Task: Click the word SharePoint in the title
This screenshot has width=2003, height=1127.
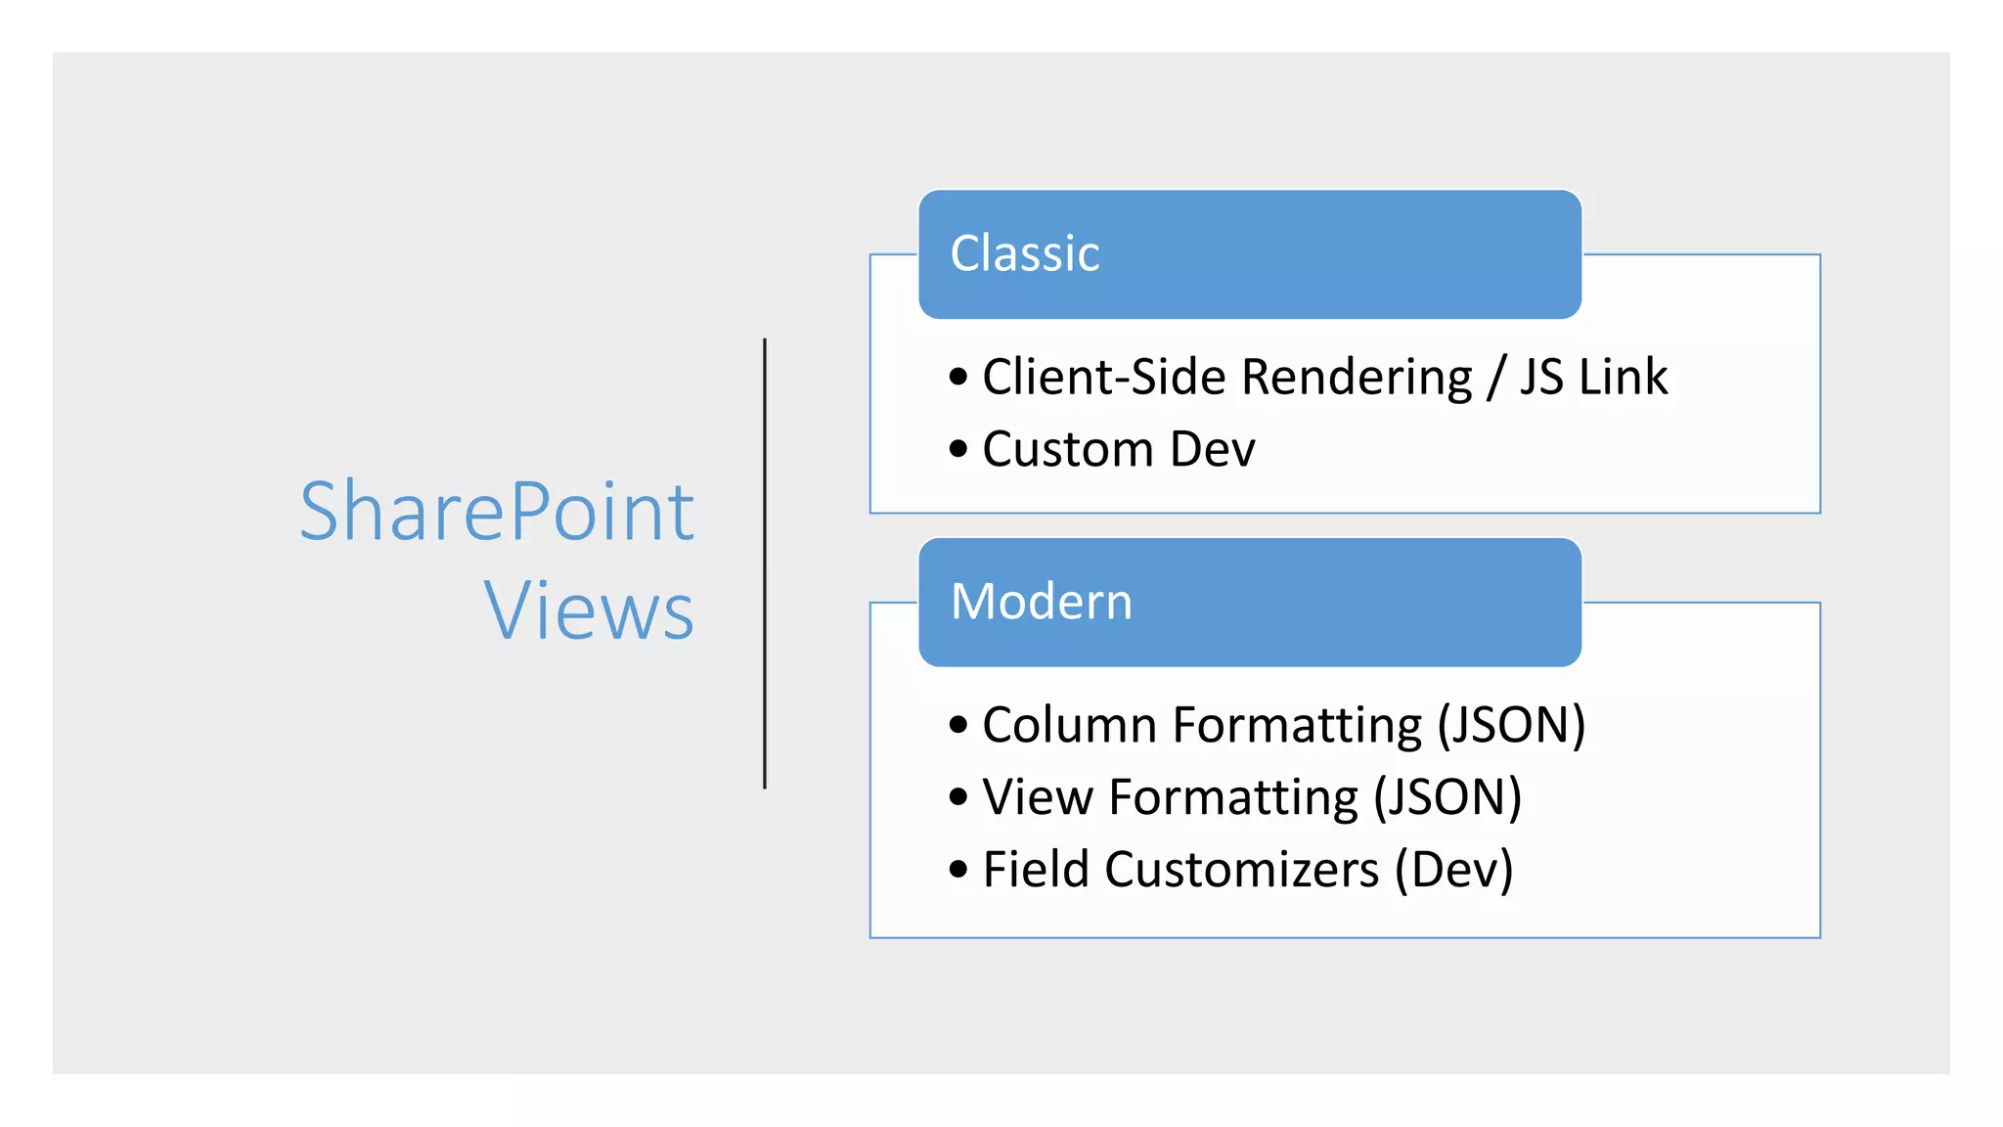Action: [x=497, y=512]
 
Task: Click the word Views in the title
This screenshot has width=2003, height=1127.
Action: [x=589, y=611]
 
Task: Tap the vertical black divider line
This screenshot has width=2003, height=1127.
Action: [x=765, y=563]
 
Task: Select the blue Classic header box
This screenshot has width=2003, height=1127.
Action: [x=1249, y=254]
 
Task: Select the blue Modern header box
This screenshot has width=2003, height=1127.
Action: [x=1249, y=602]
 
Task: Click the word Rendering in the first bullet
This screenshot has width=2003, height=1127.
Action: [x=1357, y=378]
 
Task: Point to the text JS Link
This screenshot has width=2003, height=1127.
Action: [x=1593, y=378]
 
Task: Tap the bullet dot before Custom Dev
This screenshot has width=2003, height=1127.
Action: [x=958, y=449]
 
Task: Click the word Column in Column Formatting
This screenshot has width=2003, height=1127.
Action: [x=1070, y=726]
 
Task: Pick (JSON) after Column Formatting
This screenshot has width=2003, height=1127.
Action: [x=1511, y=726]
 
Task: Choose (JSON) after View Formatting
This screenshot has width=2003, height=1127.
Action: [x=1447, y=797]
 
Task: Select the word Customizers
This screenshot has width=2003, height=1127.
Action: [x=1242, y=870]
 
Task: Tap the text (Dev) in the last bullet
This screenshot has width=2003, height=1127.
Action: [x=1454, y=870]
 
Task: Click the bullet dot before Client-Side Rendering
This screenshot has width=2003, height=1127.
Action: [x=958, y=377]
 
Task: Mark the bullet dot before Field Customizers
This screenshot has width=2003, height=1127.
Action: [x=958, y=869]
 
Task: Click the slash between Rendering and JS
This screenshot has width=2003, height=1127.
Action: [x=1495, y=378]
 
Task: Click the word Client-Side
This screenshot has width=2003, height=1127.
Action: [x=1104, y=378]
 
